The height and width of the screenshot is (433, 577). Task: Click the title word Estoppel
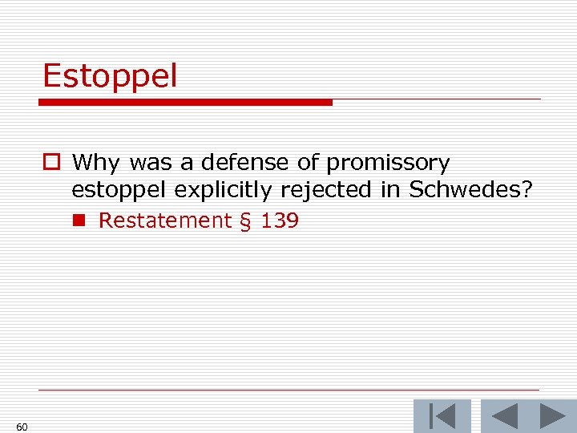(x=110, y=77)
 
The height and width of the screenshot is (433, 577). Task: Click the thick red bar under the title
(x=185, y=103)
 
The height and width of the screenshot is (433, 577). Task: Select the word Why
(x=95, y=164)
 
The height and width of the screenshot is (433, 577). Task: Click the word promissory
(x=388, y=164)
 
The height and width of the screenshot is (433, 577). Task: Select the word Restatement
(x=164, y=221)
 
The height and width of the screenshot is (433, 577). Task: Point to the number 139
(x=279, y=221)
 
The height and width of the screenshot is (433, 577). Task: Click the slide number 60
(x=22, y=427)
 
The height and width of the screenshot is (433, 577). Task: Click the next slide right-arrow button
(x=553, y=416)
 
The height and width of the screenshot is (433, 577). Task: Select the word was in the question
(x=150, y=164)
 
